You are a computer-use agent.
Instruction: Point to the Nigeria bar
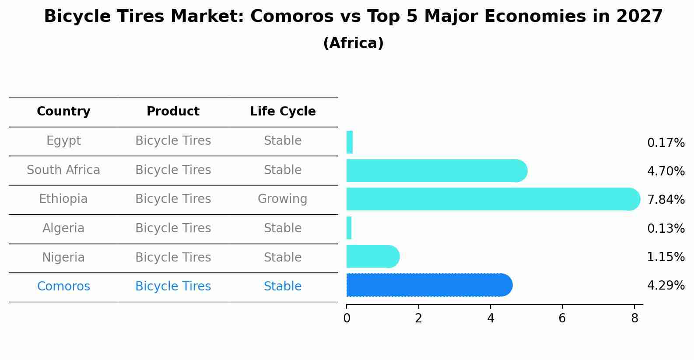(x=372, y=256)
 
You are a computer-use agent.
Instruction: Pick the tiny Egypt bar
(x=350, y=142)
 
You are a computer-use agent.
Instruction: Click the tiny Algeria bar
(x=349, y=228)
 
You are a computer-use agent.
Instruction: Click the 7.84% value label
(x=666, y=200)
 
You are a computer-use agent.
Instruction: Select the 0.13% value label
(x=666, y=229)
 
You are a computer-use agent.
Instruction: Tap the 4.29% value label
(x=666, y=286)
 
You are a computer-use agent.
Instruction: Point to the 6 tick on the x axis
(x=562, y=318)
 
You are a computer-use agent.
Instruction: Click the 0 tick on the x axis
(x=347, y=318)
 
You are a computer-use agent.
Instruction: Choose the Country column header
(x=63, y=112)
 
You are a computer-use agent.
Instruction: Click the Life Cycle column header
(x=283, y=112)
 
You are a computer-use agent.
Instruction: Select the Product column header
(x=173, y=112)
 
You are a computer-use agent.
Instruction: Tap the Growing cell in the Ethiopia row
(x=282, y=199)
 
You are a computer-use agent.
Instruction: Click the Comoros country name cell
(x=63, y=287)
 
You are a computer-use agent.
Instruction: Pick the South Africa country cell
(x=63, y=170)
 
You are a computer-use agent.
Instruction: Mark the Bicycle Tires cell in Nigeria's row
(x=173, y=257)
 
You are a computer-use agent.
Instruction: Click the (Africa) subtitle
(x=353, y=43)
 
